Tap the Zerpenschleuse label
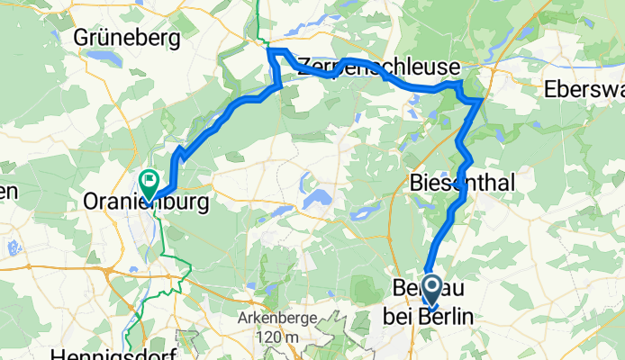[x=378, y=67]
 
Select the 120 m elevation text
[x=278, y=336]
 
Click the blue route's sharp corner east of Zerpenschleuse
[x=479, y=101]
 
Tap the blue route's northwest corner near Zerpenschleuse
[x=271, y=52]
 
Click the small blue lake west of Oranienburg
[x=13, y=246]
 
